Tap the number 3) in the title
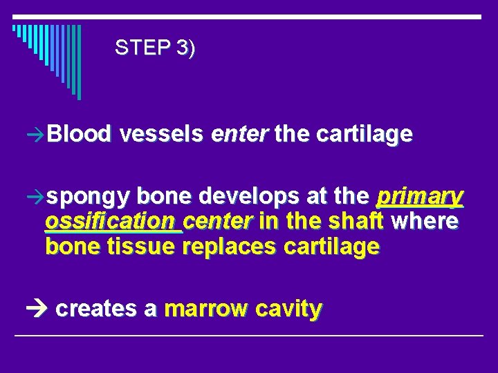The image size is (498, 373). coord(185,48)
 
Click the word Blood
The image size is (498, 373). coord(80,134)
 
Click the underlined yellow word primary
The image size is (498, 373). coord(419,198)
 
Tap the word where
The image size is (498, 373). coord(425,222)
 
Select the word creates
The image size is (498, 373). coord(97,309)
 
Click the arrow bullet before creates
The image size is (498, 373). coord(40,309)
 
